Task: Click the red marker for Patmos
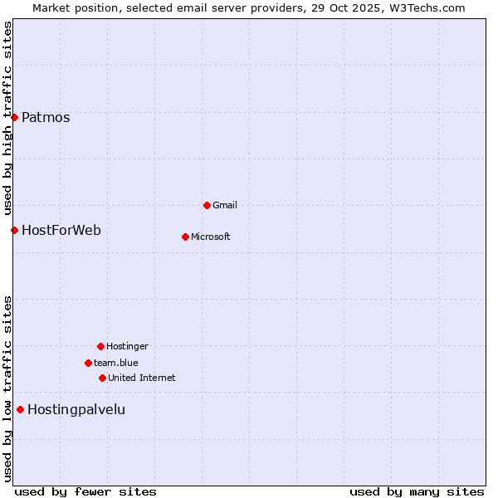click(x=14, y=117)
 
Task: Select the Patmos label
click(x=46, y=117)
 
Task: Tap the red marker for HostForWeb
click(x=14, y=230)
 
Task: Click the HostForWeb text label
click(x=61, y=230)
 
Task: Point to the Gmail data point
click(x=207, y=205)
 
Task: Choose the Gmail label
click(x=225, y=205)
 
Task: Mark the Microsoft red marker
click(x=185, y=237)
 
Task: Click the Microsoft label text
click(x=211, y=237)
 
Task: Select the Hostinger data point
click(x=100, y=346)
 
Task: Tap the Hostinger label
click(x=127, y=346)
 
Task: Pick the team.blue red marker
click(x=88, y=363)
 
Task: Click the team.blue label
click(x=116, y=363)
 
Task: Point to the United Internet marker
click(x=102, y=378)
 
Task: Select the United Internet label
click(x=142, y=378)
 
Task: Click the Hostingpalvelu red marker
click(x=20, y=409)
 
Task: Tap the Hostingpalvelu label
click(x=76, y=409)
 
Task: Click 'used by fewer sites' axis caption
click(x=85, y=491)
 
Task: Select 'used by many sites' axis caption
click(x=417, y=491)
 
